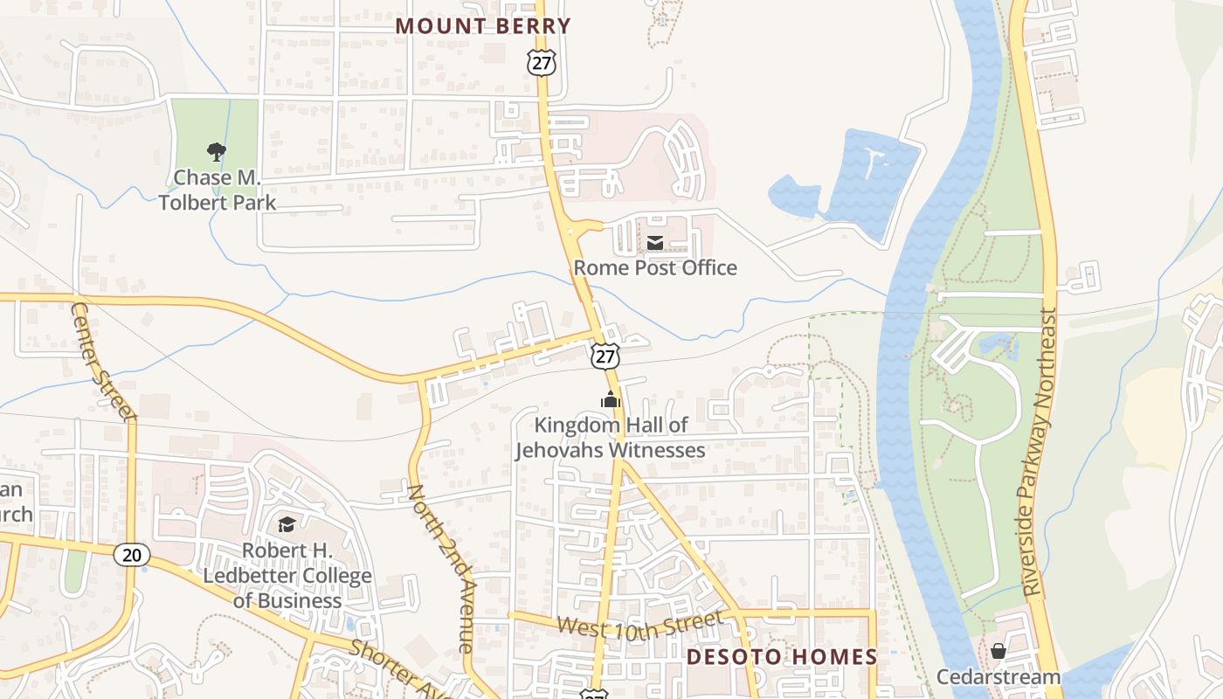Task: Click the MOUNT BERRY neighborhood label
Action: coord(482,26)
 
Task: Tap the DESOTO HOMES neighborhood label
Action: coord(781,657)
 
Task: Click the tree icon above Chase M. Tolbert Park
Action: coord(217,152)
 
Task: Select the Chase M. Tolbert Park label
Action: coord(217,190)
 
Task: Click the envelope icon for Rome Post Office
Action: coord(655,242)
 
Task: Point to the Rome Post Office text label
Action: coord(655,267)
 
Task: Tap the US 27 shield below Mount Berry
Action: coord(541,62)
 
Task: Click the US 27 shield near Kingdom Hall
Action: coord(605,355)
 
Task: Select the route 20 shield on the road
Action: coord(132,554)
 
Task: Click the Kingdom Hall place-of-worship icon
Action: coord(610,400)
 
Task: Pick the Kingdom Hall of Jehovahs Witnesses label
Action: coord(611,438)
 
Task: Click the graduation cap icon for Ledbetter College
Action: coord(287,524)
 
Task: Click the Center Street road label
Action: coord(104,361)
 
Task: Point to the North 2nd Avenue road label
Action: coord(441,568)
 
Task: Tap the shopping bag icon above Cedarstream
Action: coord(998,651)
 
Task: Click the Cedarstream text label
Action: coord(998,676)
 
